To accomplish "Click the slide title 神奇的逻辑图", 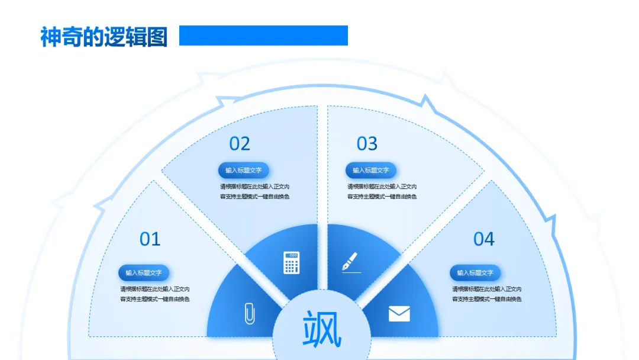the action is (104, 37).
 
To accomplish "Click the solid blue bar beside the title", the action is (263, 36).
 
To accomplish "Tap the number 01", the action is (150, 239).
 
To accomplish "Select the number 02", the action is (240, 143).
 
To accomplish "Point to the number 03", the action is (367, 143).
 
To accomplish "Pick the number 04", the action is (483, 239).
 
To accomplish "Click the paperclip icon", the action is (250, 313).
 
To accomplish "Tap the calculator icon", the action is (292, 262).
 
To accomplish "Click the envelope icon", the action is (399, 313).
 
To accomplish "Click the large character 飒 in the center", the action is (322, 330).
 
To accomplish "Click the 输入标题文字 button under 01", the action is (144, 273).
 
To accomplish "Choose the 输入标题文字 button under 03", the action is (371, 171).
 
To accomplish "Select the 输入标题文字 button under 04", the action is (475, 273).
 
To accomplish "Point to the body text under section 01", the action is (155, 294).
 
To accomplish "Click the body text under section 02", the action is (254, 191).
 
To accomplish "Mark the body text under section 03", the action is (382, 191).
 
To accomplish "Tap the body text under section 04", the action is (487, 294).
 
